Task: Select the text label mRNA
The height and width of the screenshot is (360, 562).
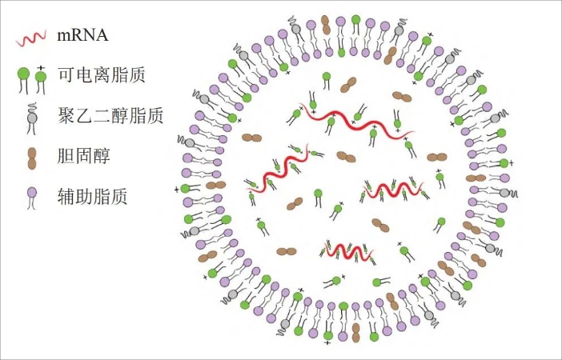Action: tap(82, 35)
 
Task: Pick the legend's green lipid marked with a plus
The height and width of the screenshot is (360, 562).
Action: tap(41, 78)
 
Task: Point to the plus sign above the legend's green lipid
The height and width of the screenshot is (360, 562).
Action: tap(40, 65)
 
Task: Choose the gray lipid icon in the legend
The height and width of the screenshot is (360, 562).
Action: tap(32, 118)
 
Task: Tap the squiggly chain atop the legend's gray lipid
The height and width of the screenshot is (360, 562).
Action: tap(32, 106)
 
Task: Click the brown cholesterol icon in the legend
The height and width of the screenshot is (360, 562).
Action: tap(32, 158)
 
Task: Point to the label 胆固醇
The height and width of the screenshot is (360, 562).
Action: tap(83, 156)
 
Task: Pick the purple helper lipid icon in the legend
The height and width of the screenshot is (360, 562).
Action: tap(32, 194)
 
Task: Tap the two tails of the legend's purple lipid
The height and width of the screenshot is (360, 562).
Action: tap(32, 205)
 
